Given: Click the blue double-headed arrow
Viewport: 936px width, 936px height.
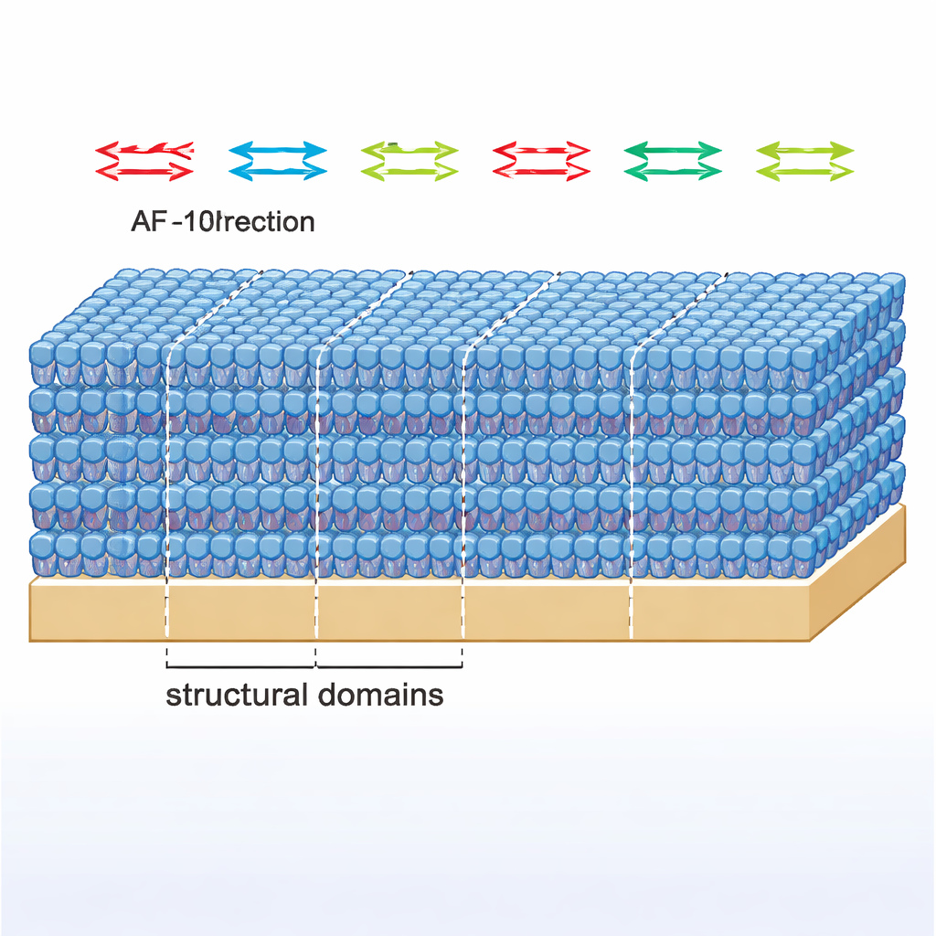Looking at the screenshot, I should (277, 161).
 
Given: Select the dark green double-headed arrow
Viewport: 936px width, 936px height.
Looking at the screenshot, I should (673, 161).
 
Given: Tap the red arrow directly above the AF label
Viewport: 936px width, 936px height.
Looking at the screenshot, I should (144, 161).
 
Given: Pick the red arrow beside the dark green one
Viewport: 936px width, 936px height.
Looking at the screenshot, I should (541, 161).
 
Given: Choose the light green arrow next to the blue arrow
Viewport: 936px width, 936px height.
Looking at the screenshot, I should (409, 161).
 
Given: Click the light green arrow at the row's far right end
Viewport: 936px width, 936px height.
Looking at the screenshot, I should (805, 161).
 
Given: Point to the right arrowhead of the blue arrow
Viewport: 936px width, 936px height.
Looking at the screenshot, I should (316, 151).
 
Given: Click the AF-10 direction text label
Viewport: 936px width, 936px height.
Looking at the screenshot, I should (223, 221).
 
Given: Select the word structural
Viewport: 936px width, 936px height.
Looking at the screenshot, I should (236, 695).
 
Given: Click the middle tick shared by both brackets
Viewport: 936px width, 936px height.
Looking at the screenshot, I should (315, 659).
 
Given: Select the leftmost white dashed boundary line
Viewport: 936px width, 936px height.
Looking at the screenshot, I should (168, 475).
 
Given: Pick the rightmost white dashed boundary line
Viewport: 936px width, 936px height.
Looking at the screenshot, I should (632, 475).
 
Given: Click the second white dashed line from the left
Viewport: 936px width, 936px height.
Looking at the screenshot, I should (316, 475).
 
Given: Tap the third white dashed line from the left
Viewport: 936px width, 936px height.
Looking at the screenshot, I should (463, 475).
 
